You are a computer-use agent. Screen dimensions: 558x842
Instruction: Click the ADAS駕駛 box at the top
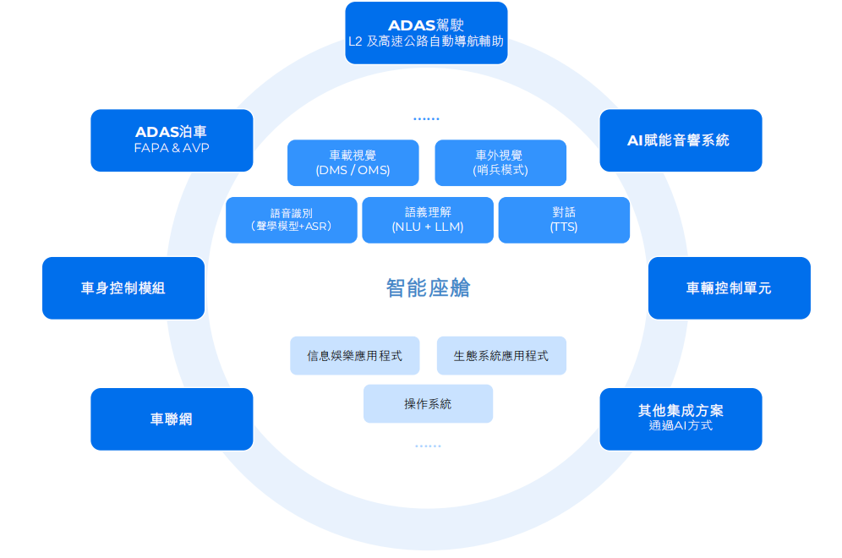(x=426, y=33)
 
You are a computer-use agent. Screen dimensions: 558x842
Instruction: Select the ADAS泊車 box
(x=172, y=140)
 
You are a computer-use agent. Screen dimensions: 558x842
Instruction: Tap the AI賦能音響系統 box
(x=681, y=140)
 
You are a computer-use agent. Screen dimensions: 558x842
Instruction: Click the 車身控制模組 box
(x=123, y=288)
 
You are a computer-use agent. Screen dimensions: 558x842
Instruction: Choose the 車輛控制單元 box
(x=729, y=288)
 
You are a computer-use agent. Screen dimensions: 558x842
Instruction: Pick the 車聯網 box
(x=172, y=419)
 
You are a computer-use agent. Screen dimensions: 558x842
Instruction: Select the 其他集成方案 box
(x=681, y=419)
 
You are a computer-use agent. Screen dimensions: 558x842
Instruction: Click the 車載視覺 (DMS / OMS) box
(x=353, y=162)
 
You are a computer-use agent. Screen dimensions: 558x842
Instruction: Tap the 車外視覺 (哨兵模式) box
(x=500, y=162)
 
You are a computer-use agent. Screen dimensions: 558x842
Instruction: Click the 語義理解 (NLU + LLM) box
(x=428, y=220)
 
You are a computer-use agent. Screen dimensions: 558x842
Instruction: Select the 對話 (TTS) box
(x=564, y=220)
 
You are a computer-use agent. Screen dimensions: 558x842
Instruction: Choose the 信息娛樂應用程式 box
(x=355, y=356)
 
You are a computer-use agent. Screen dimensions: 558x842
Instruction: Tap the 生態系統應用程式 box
(x=501, y=356)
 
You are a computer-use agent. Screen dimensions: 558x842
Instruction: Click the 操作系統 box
(x=428, y=404)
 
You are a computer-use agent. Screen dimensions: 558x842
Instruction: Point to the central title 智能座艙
(x=428, y=288)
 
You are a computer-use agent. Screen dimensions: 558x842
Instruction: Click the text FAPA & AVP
(x=172, y=149)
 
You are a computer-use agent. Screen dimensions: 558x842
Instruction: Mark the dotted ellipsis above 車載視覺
(x=426, y=119)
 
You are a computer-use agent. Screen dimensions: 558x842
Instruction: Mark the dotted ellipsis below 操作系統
(x=428, y=446)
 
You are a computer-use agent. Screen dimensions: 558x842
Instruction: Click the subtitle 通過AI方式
(x=681, y=426)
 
